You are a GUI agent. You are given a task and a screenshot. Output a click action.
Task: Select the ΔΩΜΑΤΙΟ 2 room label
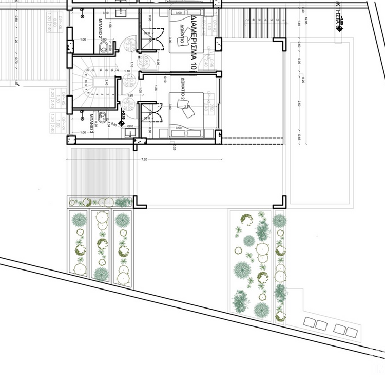point(182,88)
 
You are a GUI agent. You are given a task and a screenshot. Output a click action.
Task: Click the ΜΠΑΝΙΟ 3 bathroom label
point(91,123)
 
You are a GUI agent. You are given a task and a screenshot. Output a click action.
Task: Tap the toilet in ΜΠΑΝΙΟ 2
point(104,48)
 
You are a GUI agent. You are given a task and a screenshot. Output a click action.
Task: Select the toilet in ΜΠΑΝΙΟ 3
point(103,117)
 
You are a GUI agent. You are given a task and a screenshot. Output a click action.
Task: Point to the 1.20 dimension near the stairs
point(130,95)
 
